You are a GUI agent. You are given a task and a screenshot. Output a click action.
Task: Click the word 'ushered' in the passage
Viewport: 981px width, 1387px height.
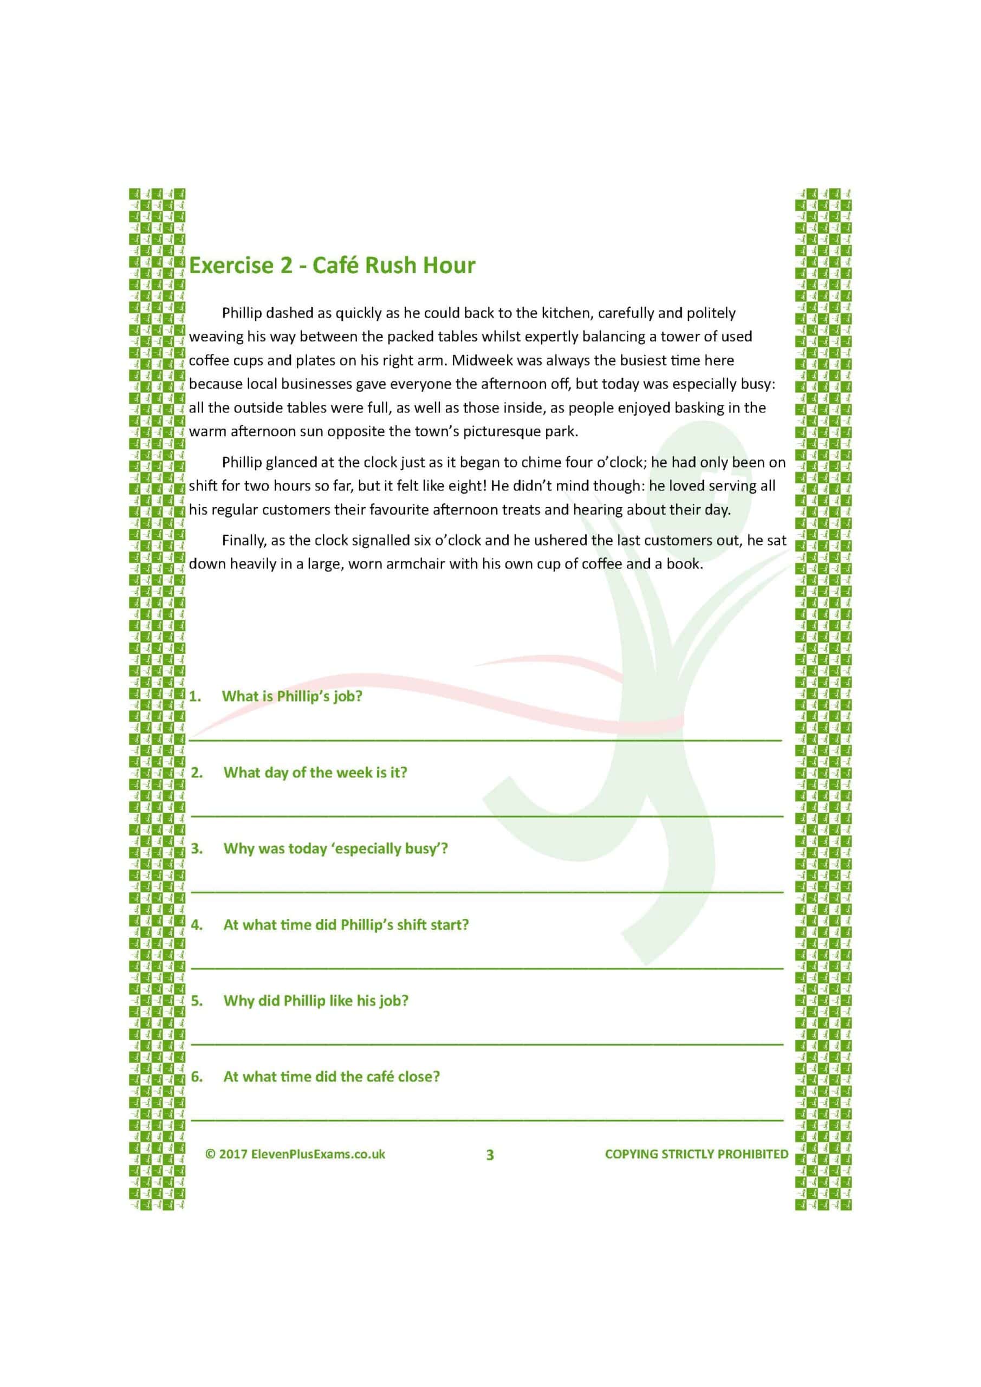coord(561,541)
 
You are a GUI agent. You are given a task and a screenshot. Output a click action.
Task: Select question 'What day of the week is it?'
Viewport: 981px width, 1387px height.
coord(315,773)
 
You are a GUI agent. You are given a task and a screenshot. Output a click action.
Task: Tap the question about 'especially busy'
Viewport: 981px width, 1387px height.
coord(335,849)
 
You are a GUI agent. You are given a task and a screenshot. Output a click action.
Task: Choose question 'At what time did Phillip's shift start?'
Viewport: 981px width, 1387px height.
coord(346,925)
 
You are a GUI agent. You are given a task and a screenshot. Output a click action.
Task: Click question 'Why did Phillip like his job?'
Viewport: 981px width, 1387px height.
coord(315,1001)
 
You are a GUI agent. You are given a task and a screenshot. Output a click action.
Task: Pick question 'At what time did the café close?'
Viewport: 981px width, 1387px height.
coord(331,1077)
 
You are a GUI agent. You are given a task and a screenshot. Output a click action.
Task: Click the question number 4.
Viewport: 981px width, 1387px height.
coord(196,925)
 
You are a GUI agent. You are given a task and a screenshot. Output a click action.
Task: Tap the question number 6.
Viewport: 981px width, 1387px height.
coord(196,1077)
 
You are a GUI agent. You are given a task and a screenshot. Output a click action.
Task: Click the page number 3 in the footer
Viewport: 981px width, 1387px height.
coord(490,1155)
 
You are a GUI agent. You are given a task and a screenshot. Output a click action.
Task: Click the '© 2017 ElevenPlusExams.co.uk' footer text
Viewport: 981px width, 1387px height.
coord(295,1155)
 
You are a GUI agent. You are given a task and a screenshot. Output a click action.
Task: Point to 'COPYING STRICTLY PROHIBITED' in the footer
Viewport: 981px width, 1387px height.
coord(697,1155)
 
